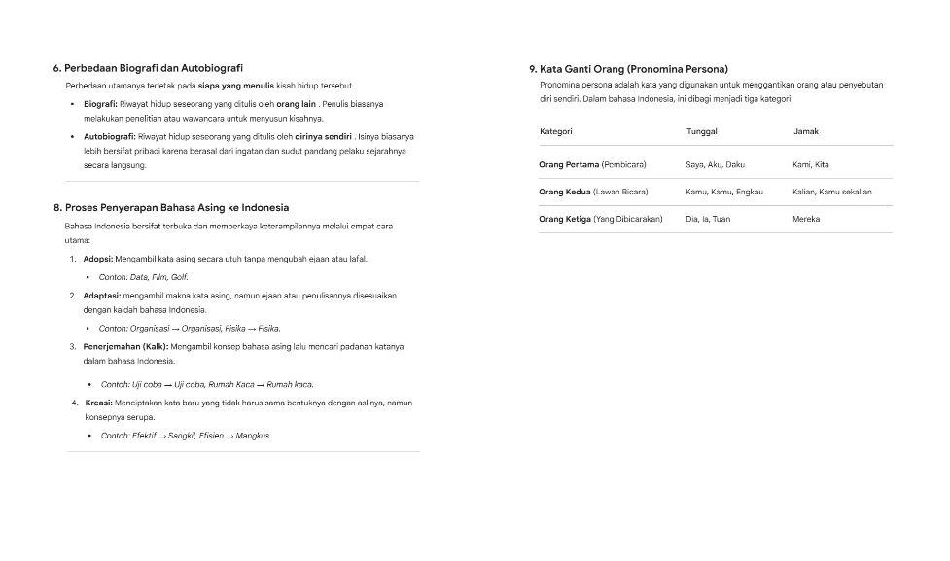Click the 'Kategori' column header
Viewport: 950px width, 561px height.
tap(556, 131)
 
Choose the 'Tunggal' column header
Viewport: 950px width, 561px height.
tap(701, 131)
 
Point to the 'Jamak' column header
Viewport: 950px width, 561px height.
tap(806, 131)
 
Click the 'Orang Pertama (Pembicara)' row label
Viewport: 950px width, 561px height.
tap(592, 164)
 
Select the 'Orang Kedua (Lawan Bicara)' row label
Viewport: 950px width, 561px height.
tap(593, 192)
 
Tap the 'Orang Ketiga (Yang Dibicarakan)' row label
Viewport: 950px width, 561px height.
tap(600, 219)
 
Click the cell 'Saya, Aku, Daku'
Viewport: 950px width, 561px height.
tap(715, 164)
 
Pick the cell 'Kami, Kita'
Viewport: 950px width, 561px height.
tap(811, 164)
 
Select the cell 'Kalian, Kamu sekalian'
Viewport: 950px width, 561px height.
tap(831, 192)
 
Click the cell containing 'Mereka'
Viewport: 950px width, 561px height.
tap(806, 219)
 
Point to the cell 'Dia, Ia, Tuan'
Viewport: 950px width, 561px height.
tap(708, 219)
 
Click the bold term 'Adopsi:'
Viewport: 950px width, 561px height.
tap(98, 259)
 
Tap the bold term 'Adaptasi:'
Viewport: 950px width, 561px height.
tap(101, 295)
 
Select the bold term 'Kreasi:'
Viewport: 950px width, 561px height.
tap(97, 402)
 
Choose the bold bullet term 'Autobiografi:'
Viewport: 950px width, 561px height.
tap(110, 137)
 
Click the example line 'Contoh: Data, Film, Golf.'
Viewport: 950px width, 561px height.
tap(143, 277)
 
